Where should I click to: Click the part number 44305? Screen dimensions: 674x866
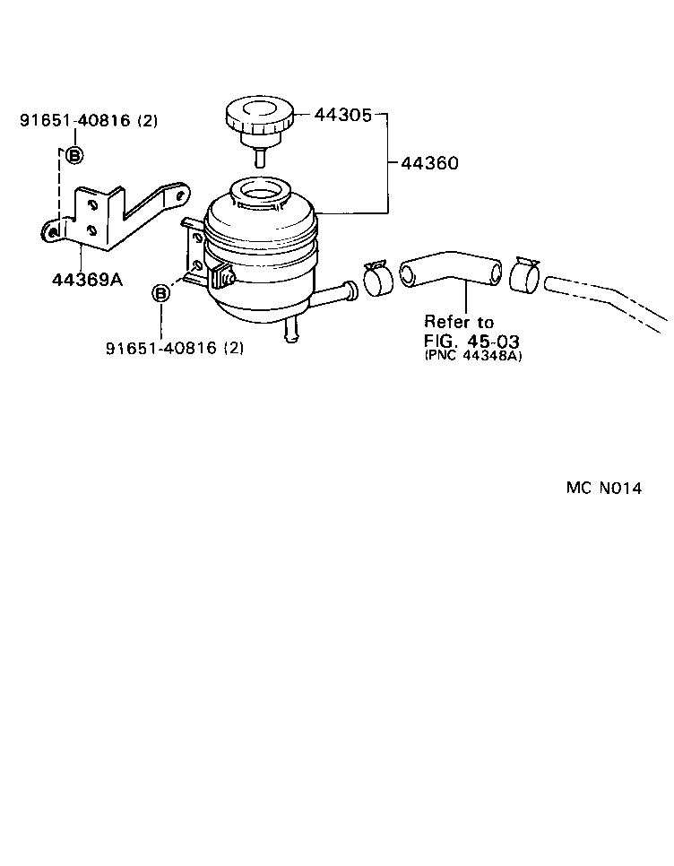coord(342,115)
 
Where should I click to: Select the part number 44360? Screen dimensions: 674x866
coord(429,163)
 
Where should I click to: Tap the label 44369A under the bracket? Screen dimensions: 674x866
coord(87,280)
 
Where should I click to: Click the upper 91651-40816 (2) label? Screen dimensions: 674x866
coord(89,120)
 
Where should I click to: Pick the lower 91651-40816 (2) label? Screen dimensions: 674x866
coord(175,348)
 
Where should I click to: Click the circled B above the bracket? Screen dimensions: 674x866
coord(74,155)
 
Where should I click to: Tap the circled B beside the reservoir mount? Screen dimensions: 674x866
coord(160,293)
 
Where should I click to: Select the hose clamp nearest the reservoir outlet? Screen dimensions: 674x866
coord(378,279)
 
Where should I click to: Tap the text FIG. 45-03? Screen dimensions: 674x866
coord(471,340)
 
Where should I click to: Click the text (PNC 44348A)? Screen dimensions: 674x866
coord(473,356)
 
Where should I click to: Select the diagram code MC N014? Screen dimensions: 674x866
coord(604,488)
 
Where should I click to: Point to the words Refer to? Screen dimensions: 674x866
coord(459,322)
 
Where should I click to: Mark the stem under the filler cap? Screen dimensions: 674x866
coord(259,156)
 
